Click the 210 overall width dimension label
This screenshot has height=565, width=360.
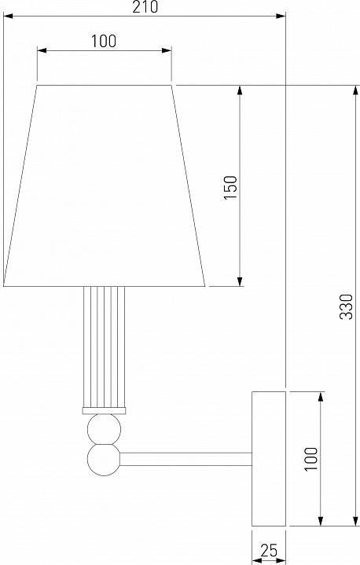click(x=145, y=7)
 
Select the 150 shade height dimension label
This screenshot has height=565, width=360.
click(x=230, y=187)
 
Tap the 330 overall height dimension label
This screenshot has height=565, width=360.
click(x=347, y=306)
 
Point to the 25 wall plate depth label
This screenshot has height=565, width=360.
click(x=269, y=550)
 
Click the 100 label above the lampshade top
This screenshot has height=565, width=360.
click(x=104, y=41)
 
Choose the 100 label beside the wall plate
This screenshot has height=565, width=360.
click(x=311, y=458)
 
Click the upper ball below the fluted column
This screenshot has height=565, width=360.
click(x=104, y=429)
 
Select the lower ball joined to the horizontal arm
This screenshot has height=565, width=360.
click(x=104, y=460)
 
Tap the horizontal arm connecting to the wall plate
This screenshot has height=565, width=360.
click(x=186, y=459)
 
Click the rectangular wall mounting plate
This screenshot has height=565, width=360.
click(x=269, y=458)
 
